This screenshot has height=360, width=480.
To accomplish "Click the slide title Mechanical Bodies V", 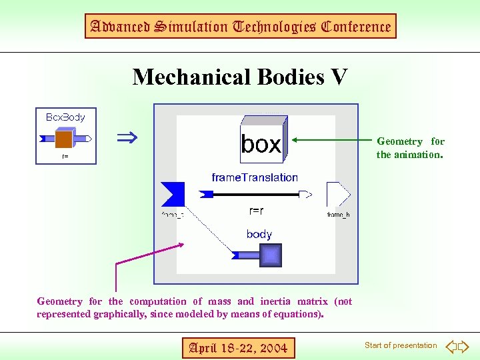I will click(x=240, y=77).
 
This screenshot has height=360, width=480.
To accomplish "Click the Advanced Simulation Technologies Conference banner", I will click(x=240, y=27).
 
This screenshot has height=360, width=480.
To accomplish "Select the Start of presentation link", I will click(x=401, y=345).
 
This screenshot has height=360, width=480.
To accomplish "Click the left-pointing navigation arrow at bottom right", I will click(x=451, y=346).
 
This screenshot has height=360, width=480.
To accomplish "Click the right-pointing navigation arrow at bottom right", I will click(x=464, y=346).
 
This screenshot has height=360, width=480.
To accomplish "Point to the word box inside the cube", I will click(x=261, y=144).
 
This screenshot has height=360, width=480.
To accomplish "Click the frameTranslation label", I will click(x=255, y=177).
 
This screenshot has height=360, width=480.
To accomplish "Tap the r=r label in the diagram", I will click(x=256, y=211).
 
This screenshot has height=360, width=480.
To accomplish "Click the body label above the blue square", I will click(x=259, y=234).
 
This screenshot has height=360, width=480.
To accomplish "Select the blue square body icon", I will click(x=270, y=255).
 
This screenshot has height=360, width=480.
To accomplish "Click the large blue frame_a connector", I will click(x=173, y=194).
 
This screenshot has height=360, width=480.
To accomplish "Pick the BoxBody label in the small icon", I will click(x=65, y=117).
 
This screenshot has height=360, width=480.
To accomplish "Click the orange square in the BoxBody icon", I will click(x=64, y=139).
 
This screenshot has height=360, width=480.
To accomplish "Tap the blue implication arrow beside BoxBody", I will click(x=127, y=139).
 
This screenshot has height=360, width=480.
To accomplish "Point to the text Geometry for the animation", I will click(x=410, y=148).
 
